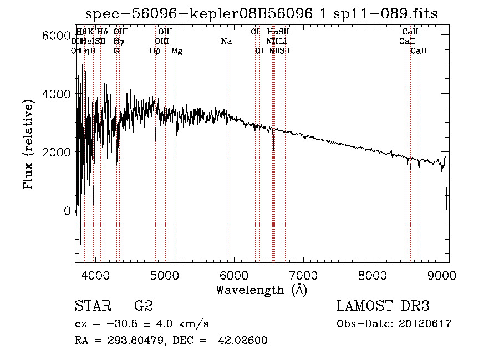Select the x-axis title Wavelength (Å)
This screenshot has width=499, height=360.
(261, 290)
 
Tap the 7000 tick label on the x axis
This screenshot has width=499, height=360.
(303, 276)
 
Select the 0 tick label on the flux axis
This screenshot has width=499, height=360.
(67, 211)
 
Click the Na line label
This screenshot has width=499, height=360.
(226, 41)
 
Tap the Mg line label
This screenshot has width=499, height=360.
(177, 51)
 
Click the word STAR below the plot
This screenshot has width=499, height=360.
(92, 306)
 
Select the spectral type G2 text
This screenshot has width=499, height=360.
(143, 306)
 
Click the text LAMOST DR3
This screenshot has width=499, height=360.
(383, 306)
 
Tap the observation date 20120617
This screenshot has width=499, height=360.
(424, 324)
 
